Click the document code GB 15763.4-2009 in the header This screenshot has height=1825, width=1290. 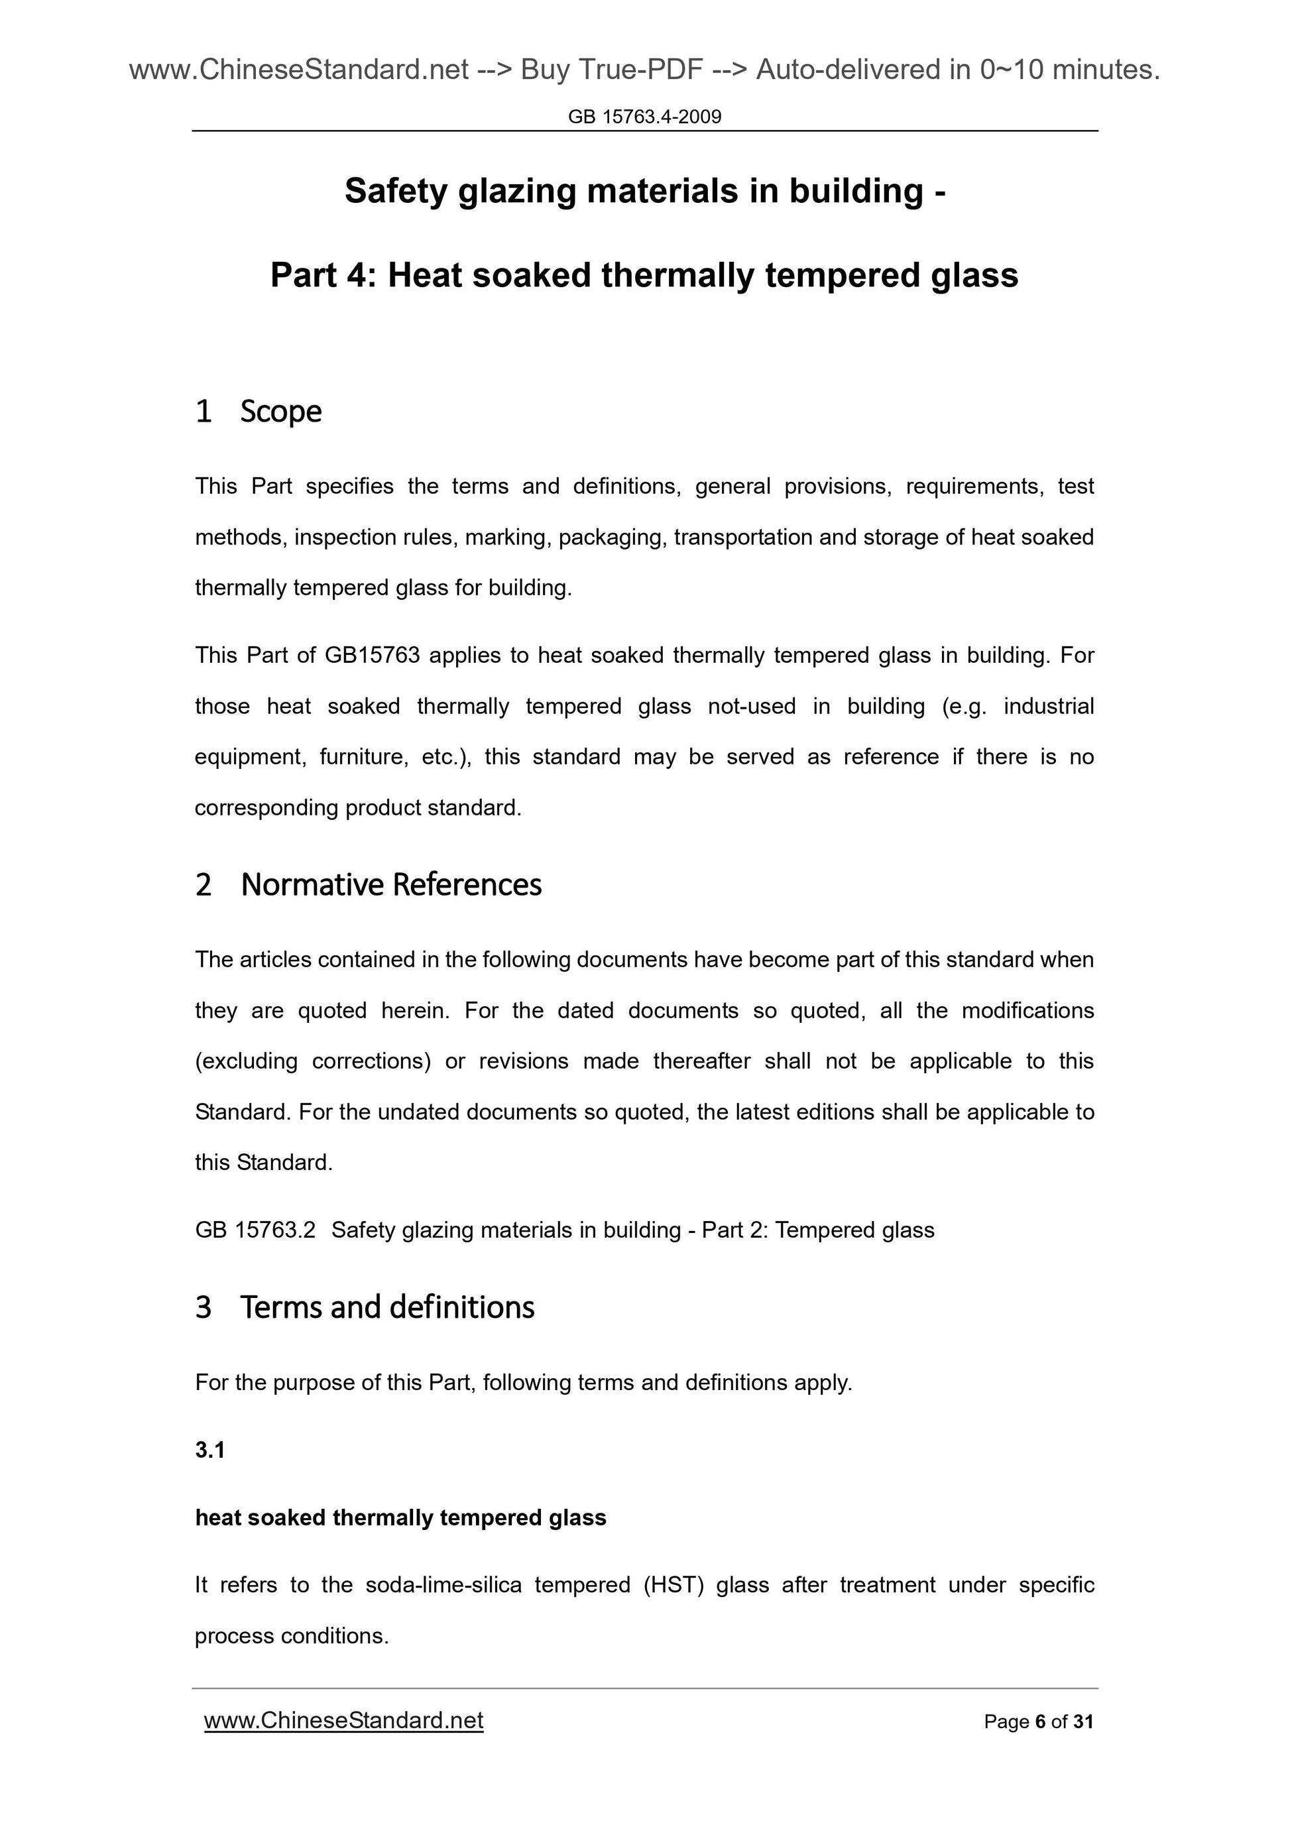coord(644,117)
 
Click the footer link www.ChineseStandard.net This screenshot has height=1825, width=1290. coord(343,1720)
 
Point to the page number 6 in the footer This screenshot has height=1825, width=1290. coord(1039,1722)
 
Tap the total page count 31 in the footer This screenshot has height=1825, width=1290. coord(1083,1722)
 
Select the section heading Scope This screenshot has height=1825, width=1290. coord(280,412)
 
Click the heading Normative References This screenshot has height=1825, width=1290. coord(391,885)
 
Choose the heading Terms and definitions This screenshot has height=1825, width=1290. coord(387,1307)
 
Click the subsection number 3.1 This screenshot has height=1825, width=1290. coord(210,1450)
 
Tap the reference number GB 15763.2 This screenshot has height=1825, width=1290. coord(255,1230)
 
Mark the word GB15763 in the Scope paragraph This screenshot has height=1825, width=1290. coord(372,656)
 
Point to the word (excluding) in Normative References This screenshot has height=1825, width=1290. coord(247,1061)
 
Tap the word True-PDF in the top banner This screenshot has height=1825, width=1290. coord(640,70)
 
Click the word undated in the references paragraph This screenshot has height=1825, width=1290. coord(418,1112)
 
